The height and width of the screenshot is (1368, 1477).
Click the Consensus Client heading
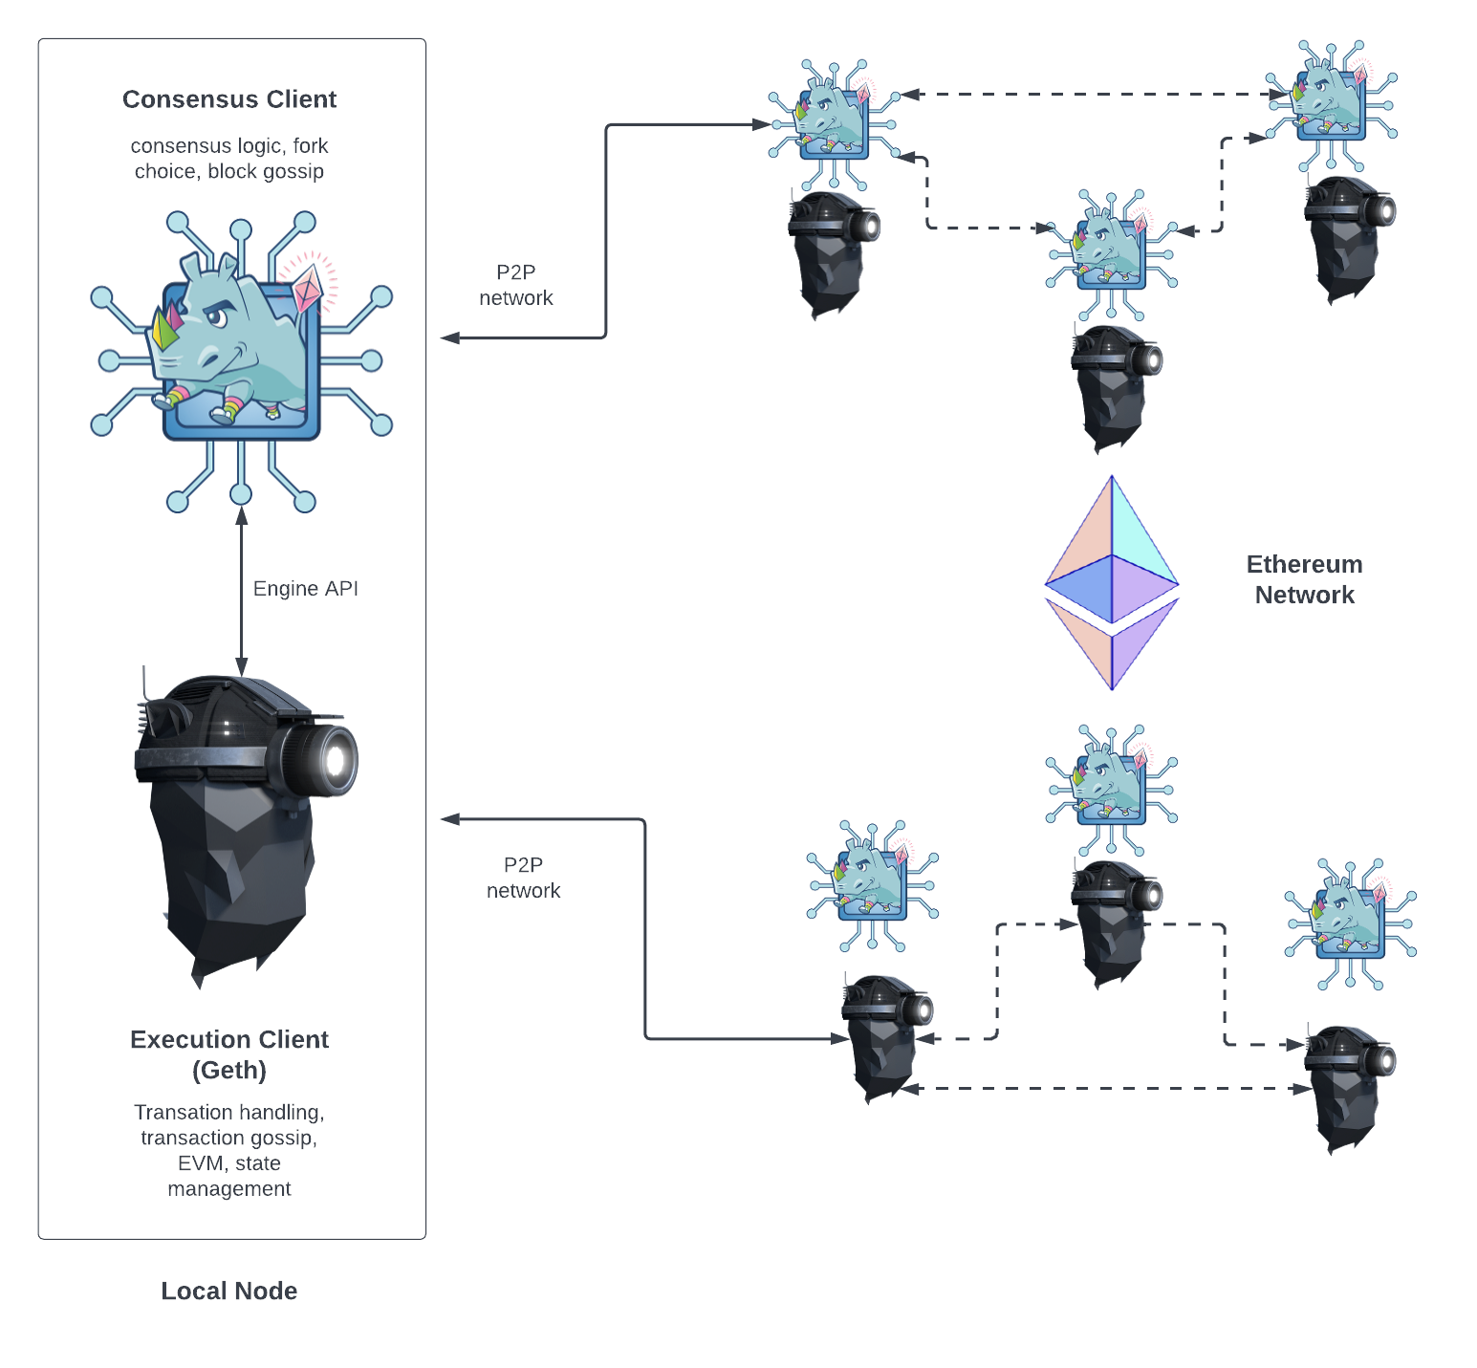tap(229, 99)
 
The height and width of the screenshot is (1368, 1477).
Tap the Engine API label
tap(305, 588)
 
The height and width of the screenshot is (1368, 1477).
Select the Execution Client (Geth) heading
tap(229, 1054)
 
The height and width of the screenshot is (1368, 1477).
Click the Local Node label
tap(228, 1291)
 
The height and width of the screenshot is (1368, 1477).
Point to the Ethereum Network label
tap(1304, 579)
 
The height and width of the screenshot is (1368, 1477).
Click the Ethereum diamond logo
tap(1112, 583)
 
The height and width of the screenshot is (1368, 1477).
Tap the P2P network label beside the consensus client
tap(516, 286)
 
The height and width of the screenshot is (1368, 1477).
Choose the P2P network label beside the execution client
tap(524, 878)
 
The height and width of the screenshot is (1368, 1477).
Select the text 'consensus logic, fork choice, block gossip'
tap(229, 159)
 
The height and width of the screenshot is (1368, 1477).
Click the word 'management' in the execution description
tap(229, 1188)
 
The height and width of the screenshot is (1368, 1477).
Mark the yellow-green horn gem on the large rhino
tap(162, 330)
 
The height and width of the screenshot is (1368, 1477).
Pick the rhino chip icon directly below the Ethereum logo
tap(1112, 789)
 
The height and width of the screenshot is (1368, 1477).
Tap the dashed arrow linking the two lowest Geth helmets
tap(1109, 1088)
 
